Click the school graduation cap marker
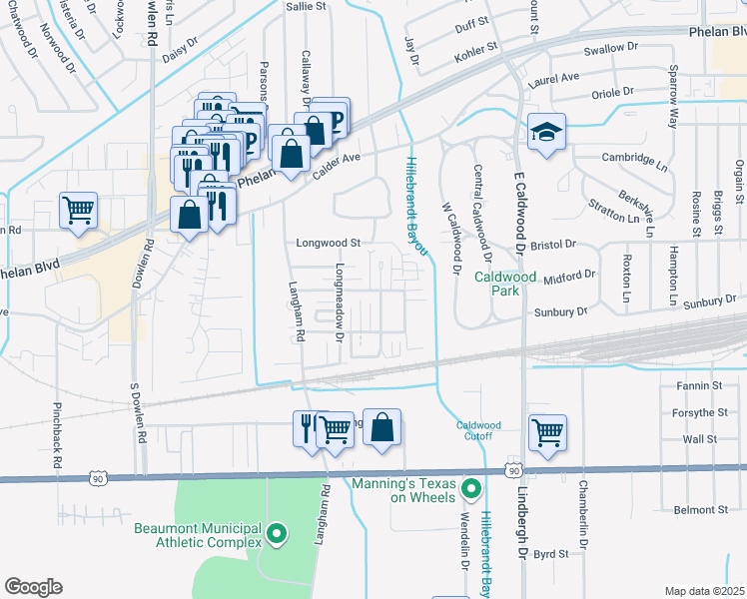point(546,134)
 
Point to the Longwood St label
point(328,243)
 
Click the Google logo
point(33,587)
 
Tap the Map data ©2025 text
point(703,591)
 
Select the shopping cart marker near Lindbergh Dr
point(546,431)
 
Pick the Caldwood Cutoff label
point(478,430)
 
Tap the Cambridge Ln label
point(633,158)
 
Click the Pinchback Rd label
point(56,436)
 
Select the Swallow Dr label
point(610,48)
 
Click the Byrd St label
point(550,554)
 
